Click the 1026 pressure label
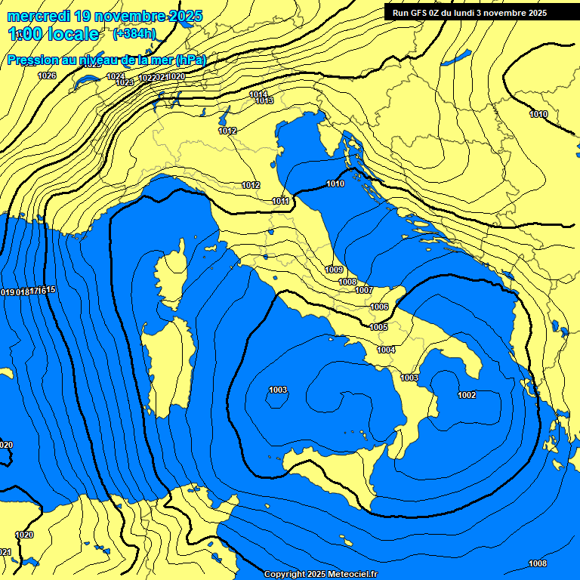47,76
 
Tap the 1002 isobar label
467,395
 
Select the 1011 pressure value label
281,201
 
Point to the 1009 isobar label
334,270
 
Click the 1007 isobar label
364,290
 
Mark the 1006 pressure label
379,307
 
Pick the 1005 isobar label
378,327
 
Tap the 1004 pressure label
387,350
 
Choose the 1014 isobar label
258,94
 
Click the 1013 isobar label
264,100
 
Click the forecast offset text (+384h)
134,33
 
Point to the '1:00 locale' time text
54,34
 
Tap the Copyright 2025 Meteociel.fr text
321,574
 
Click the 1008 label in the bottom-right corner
538,563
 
